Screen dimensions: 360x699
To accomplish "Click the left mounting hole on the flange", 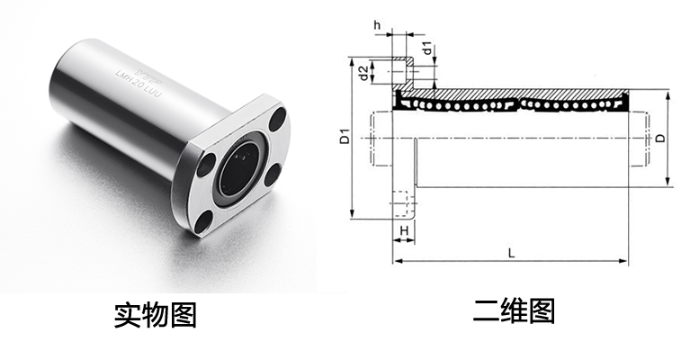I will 206,164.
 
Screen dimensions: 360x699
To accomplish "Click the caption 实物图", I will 155,314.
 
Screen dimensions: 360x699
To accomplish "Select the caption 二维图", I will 514,311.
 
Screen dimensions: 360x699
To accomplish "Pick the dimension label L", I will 510,253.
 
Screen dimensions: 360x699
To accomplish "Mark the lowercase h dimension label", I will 376,26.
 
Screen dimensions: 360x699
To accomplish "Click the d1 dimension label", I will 427,47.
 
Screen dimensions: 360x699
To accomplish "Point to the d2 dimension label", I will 361,72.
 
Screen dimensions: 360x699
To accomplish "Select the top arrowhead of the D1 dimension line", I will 352,60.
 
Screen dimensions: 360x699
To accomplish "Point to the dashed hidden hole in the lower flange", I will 400,210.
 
